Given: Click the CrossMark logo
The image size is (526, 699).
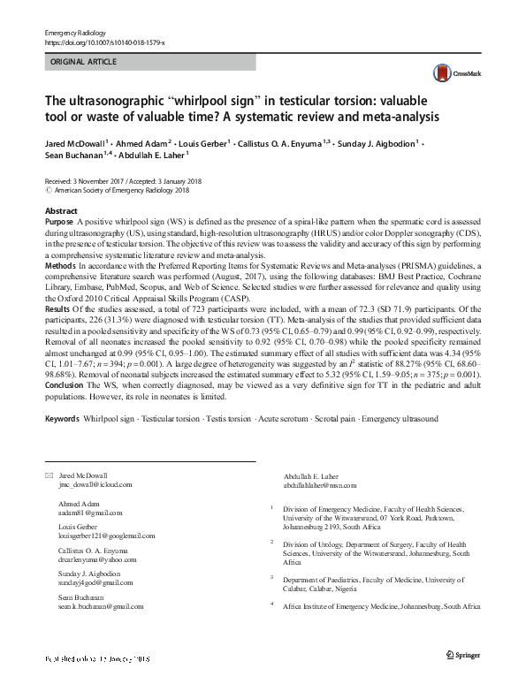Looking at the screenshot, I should [x=448, y=73].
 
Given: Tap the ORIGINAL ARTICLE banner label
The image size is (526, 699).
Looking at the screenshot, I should [x=83, y=63].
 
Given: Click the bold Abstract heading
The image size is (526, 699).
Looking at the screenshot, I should [x=61, y=211].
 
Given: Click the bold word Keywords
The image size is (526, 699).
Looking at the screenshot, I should [x=62, y=418].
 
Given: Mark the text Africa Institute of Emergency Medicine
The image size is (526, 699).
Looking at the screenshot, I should [x=339, y=607].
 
